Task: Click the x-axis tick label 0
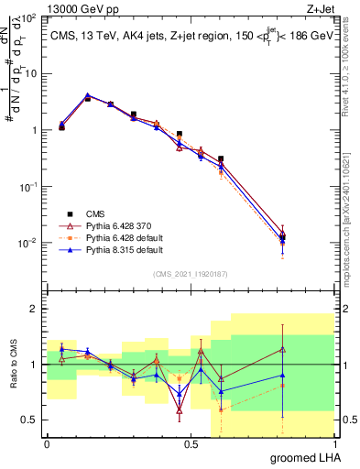(47, 442)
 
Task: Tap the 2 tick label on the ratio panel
(33, 310)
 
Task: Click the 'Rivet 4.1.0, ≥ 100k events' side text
(353, 69)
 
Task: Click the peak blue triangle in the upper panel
(87, 95)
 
